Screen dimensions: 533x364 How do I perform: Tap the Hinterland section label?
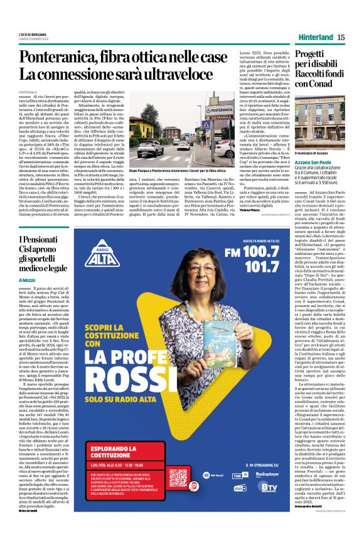point(314,37)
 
